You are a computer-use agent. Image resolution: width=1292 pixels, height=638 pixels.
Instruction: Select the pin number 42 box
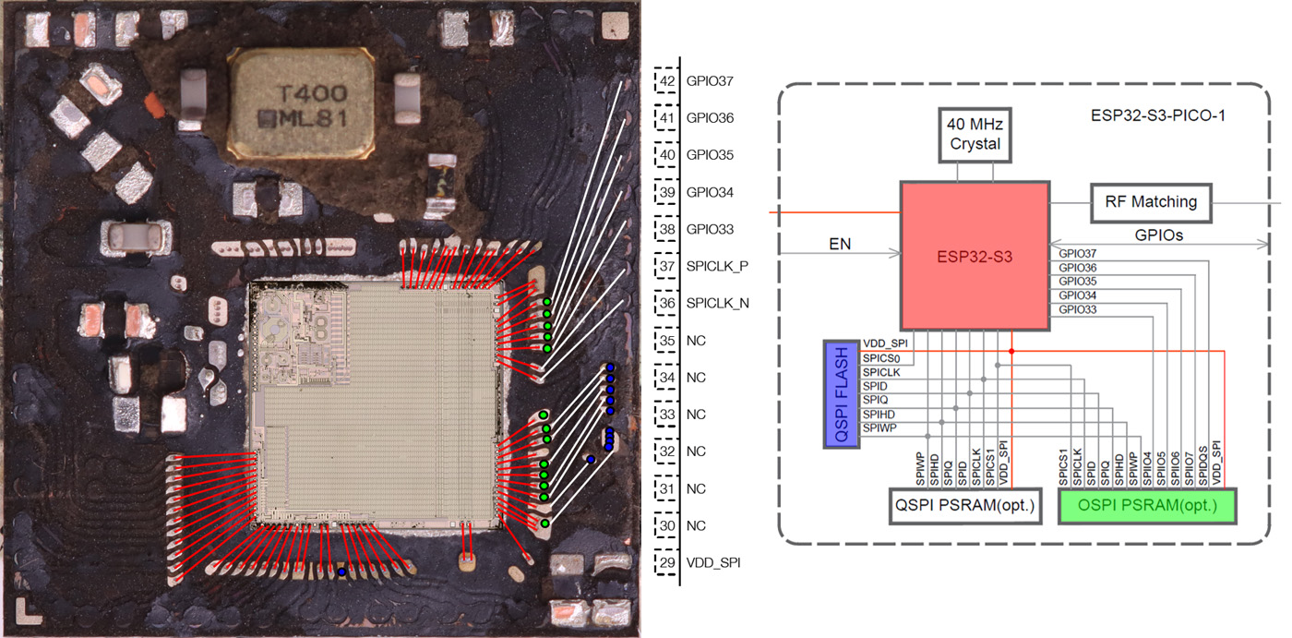pos(665,81)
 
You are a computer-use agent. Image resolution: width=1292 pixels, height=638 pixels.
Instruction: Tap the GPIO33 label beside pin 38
pos(710,229)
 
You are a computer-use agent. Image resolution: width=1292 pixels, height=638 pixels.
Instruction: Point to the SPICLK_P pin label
pos(717,266)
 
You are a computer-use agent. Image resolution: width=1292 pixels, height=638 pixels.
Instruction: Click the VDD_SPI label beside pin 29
pos(713,561)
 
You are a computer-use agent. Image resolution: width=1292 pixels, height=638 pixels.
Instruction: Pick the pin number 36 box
pos(665,303)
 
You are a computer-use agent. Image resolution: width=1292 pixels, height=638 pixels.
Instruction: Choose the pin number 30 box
pos(665,525)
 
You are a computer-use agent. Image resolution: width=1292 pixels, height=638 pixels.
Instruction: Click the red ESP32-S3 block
pos(975,256)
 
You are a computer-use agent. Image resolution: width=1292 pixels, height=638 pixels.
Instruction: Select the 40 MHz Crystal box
pos(975,135)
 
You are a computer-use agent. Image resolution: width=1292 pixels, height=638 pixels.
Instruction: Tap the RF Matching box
pos(1150,202)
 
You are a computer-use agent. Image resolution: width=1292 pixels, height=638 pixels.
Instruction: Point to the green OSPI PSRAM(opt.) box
pos(1147,506)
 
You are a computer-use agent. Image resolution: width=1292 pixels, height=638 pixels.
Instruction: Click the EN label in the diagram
pos(839,245)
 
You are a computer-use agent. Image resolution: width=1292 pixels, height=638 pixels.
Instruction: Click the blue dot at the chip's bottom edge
pos(342,572)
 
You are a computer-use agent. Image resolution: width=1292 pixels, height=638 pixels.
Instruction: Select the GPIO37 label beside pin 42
pos(710,81)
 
